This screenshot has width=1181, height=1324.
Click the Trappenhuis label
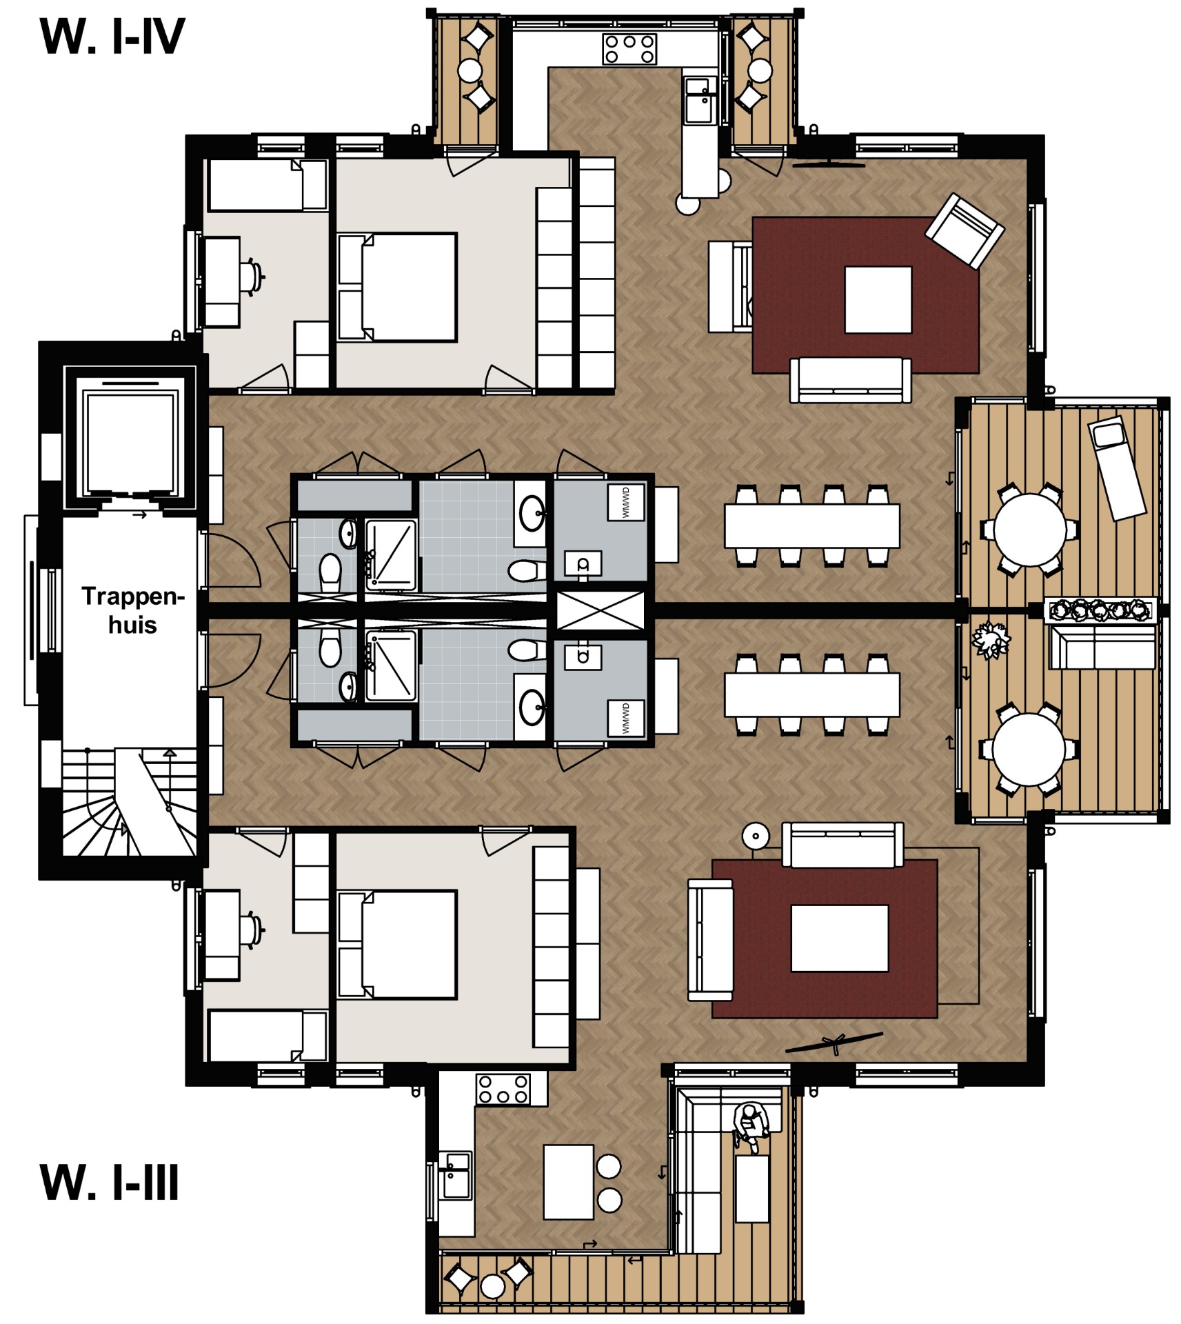coord(132,610)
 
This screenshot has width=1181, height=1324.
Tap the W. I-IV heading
coord(112,37)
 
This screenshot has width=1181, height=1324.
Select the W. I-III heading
coord(110,1182)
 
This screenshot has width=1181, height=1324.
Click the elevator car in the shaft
coord(130,441)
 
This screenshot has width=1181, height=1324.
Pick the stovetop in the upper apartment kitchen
coord(629,49)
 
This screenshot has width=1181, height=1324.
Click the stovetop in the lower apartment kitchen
coord(503,1090)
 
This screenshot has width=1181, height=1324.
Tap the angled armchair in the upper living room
coord(965,230)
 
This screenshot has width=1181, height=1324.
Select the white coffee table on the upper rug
coord(878,300)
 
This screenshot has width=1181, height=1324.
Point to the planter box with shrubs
coord(1100,610)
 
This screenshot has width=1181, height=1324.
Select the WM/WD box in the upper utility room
coord(625,503)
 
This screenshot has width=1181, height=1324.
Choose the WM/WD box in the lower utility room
coord(625,718)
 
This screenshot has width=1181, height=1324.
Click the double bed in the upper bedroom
coord(398,288)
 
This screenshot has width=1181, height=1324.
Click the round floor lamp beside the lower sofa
coord(756,836)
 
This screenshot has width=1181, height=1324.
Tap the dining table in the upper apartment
coord(811,526)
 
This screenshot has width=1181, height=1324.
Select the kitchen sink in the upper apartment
coord(699,101)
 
